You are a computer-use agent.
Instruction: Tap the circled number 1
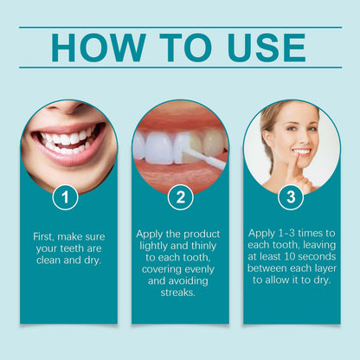66,196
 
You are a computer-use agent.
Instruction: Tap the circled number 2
179,196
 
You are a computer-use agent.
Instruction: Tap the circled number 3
292,196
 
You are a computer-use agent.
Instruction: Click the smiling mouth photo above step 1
67,138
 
